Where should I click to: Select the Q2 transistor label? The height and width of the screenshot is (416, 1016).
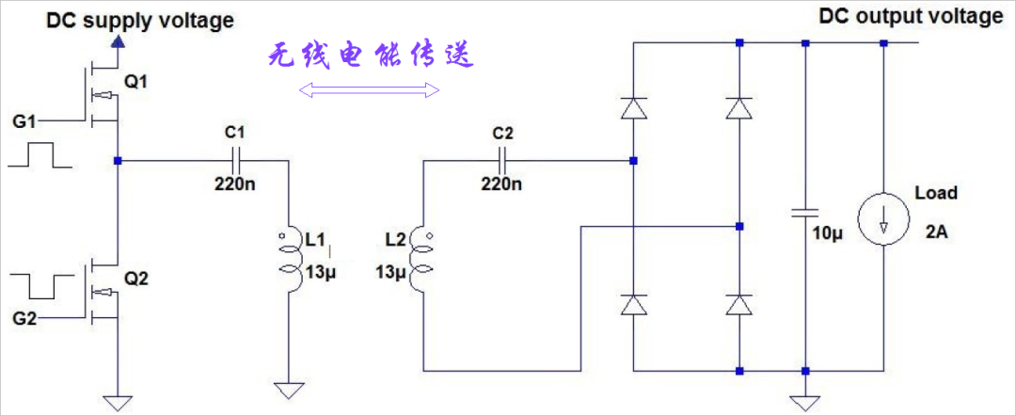pos(136,280)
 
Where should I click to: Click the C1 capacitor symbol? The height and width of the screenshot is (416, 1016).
pos(237,159)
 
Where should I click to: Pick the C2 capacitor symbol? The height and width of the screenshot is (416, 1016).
pos(502,159)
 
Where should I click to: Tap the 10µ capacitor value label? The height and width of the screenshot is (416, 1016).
pos(828,234)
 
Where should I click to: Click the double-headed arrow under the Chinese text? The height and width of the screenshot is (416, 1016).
pos(370,90)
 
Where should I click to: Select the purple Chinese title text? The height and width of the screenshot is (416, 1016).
pos(372,56)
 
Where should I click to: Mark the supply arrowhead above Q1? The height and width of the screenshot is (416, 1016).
pos(118,42)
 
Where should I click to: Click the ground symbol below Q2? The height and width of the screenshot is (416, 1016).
pos(118,404)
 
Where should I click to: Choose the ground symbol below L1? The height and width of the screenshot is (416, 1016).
pos(289,392)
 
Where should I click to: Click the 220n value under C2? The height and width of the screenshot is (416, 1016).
pos(500,184)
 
